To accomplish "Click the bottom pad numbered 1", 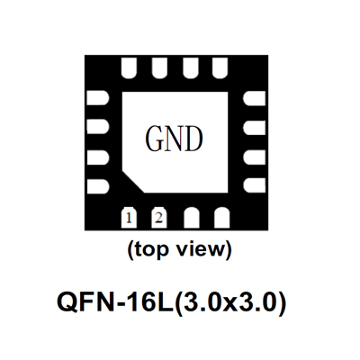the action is click(129, 218).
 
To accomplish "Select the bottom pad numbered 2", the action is click(159, 218).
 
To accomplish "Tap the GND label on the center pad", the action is click(174, 139).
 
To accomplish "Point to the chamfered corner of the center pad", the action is click(133, 182).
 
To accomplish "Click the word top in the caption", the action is click(150, 249).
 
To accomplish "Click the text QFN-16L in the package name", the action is click(115, 302).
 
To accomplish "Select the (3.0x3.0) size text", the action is click(230, 302).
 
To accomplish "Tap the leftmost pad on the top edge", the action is click(130, 67).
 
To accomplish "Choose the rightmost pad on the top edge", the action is click(220, 67).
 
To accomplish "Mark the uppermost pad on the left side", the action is click(98, 98).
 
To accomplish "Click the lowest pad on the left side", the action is click(98, 186).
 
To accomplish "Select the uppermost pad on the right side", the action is click(255, 98).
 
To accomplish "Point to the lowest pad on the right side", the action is click(255, 185).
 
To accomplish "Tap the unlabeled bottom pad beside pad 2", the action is click(192, 218).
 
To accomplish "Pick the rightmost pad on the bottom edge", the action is click(222, 218).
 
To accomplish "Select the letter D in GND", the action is click(193, 139).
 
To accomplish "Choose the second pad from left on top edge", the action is click(159, 67).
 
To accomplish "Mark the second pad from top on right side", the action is click(255, 128).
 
